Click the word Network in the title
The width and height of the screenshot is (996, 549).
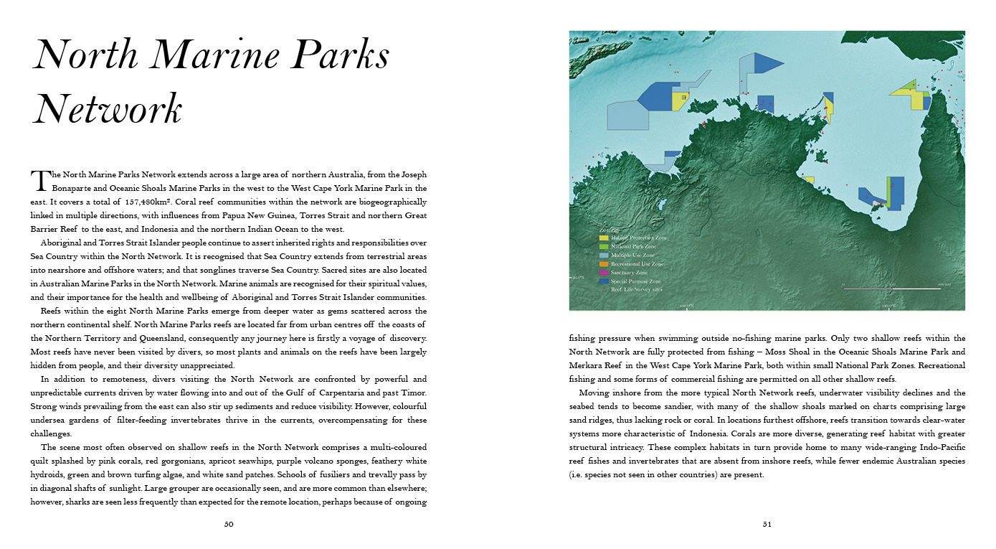(108, 110)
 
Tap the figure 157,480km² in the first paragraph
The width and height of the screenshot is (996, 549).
(150, 202)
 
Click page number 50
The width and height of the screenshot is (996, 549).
(229, 524)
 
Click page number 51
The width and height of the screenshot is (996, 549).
(767, 524)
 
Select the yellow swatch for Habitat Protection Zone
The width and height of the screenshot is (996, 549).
(604, 238)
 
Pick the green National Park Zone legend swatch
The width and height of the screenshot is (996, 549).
(604, 246)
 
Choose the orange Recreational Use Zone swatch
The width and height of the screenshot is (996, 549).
(604, 264)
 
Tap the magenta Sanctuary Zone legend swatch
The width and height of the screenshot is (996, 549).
(604, 273)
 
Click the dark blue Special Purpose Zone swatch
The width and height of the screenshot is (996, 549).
(604, 281)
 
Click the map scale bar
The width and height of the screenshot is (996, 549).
(891, 288)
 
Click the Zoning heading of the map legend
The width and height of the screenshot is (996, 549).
(609, 229)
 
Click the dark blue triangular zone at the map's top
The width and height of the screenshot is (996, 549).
(768, 63)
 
